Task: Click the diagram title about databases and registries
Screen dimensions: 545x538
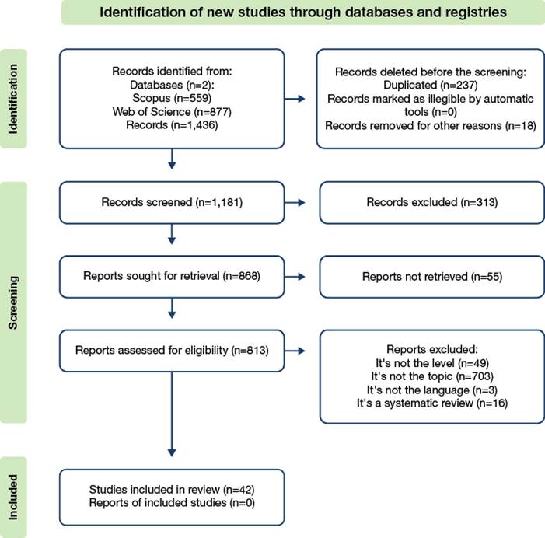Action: [x=302, y=12]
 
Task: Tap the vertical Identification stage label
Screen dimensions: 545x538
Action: [x=13, y=99]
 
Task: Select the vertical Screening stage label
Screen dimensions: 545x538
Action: [x=13, y=302]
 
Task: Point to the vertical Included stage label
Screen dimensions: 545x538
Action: [x=13, y=497]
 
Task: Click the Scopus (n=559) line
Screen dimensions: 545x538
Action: [x=172, y=98]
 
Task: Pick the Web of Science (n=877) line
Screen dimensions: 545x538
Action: [x=172, y=111]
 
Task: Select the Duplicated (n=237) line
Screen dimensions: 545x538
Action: [x=431, y=86]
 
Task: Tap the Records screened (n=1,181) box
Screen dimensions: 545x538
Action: [x=172, y=203]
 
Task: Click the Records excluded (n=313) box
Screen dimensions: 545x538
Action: [x=432, y=203]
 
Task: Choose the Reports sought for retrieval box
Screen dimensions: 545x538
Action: [x=172, y=277]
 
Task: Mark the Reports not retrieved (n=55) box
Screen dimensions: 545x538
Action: [x=432, y=277]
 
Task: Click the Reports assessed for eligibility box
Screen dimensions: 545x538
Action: [x=172, y=351]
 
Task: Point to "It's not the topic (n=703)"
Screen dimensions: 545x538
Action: [x=432, y=376]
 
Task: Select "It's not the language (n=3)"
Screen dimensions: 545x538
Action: [x=432, y=390]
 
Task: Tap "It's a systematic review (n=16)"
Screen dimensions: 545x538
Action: [x=432, y=403]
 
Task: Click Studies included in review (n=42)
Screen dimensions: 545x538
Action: [x=172, y=490]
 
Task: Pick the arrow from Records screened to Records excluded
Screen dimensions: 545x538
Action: [x=295, y=203]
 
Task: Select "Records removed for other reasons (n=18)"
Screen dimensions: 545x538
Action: [x=431, y=125]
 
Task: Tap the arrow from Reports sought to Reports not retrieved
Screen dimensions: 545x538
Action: [x=295, y=277]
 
